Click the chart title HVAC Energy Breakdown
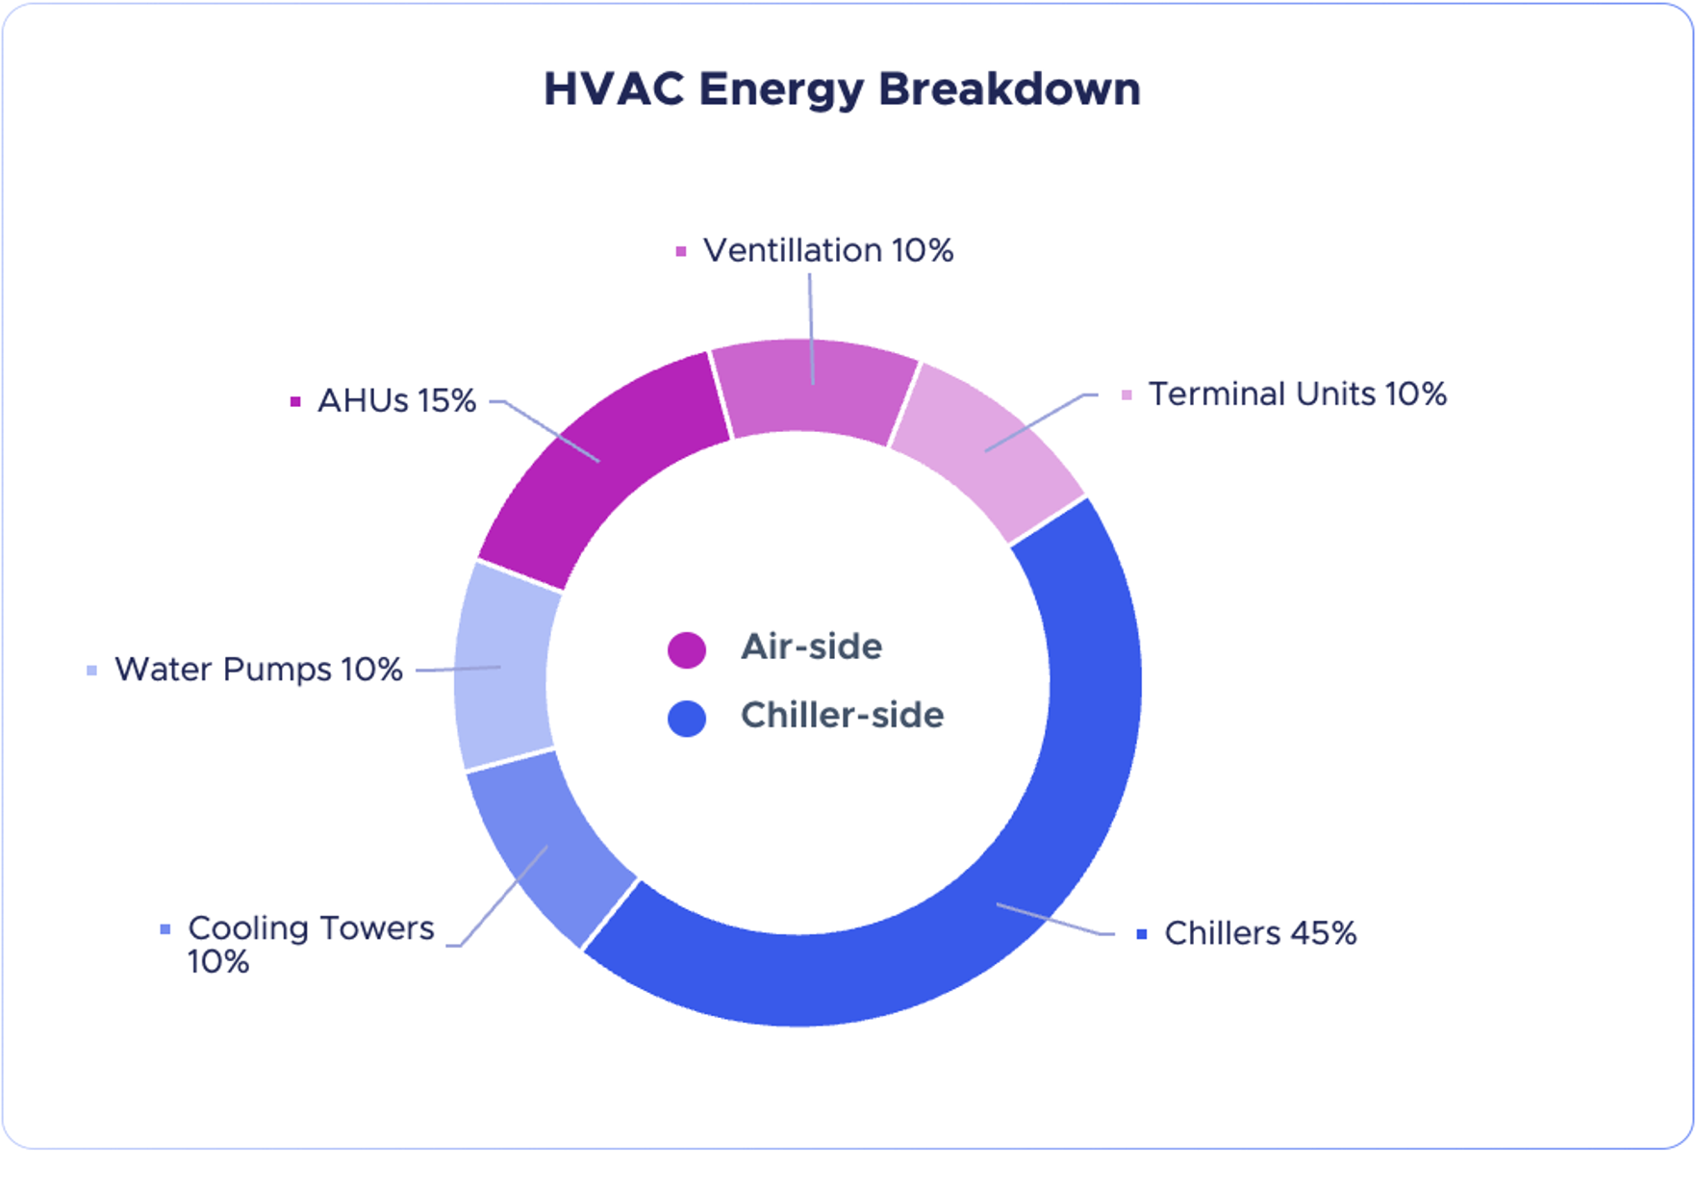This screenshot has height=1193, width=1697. (x=842, y=89)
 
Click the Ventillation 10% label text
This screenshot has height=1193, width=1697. (x=828, y=250)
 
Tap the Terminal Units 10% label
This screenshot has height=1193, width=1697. (x=1298, y=393)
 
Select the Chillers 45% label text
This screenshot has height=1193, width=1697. (x=1260, y=932)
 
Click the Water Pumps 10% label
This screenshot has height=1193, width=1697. (x=259, y=669)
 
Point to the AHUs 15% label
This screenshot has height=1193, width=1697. (x=396, y=400)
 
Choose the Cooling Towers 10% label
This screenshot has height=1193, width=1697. (x=311, y=944)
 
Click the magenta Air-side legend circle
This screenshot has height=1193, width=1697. (x=687, y=649)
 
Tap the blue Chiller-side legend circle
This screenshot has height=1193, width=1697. (x=687, y=718)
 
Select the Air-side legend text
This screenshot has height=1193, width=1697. (x=811, y=647)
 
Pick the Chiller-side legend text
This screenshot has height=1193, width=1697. (x=842, y=715)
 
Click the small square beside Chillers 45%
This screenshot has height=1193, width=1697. (x=1142, y=933)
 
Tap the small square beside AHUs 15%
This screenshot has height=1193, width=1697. (x=295, y=401)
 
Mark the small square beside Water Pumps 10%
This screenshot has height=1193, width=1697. (x=91, y=670)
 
